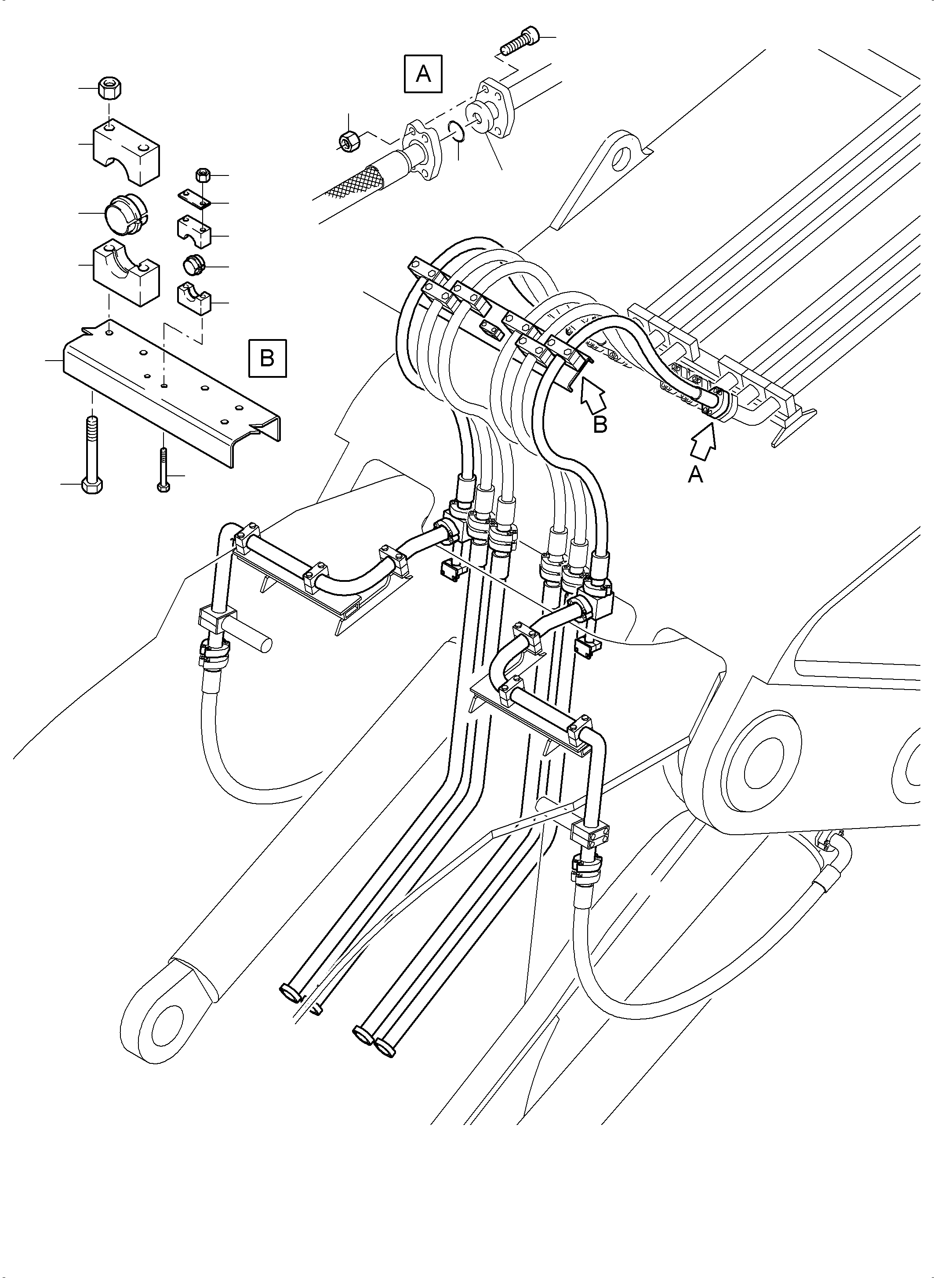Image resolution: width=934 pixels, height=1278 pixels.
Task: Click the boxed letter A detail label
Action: click(x=423, y=73)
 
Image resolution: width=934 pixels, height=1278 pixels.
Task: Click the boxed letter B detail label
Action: click(x=267, y=358)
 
